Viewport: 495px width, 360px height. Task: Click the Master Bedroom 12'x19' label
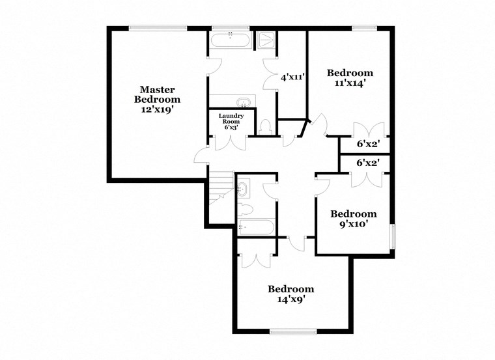[x=157, y=100]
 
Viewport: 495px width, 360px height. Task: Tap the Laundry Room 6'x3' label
[x=231, y=122]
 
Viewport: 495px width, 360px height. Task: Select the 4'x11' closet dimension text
[x=292, y=77]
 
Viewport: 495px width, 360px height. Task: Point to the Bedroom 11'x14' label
[x=350, y=77]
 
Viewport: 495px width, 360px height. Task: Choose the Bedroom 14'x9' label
[x=290, y=294]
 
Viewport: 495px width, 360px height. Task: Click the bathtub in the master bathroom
[x=229, y=40]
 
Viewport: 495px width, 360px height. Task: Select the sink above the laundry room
[x=242, y=102]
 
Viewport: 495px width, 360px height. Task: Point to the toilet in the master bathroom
[x=265, y=126]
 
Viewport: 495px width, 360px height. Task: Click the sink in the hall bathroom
[x=242, y=189]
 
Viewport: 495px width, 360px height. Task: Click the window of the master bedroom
[x=158, y=27]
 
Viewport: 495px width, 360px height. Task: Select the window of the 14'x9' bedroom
[x=293, y=331]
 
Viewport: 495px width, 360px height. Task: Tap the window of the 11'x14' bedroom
[x=363, y=27]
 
